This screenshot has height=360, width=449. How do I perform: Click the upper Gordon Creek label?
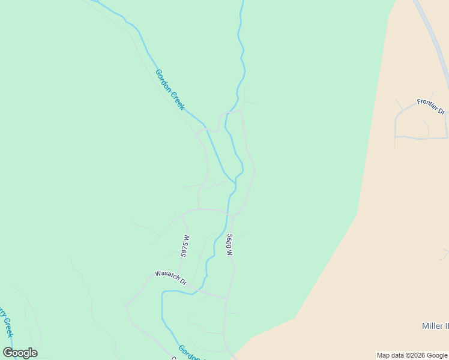[x=170, y=90]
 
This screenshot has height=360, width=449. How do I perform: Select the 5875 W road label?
[x=185, y=246]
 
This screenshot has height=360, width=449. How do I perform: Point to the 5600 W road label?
[x=229, y=245]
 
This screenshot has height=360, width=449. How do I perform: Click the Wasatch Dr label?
[x=171, y=278]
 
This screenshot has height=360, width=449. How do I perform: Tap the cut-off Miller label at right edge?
[x=435, y=326]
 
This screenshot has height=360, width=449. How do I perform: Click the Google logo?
[x=20, y=353]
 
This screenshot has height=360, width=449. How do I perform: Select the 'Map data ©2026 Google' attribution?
[x=412, y=355]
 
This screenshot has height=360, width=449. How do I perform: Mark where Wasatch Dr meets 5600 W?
[x=226, y=298]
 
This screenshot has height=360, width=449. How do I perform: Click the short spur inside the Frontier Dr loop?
[x=427, y=128]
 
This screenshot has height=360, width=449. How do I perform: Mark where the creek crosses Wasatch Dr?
[x=193, y=293]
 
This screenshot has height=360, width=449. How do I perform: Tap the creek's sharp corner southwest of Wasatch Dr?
[x=162, y=293]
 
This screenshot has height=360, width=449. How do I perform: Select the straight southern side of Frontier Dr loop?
[x=420, y=139]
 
